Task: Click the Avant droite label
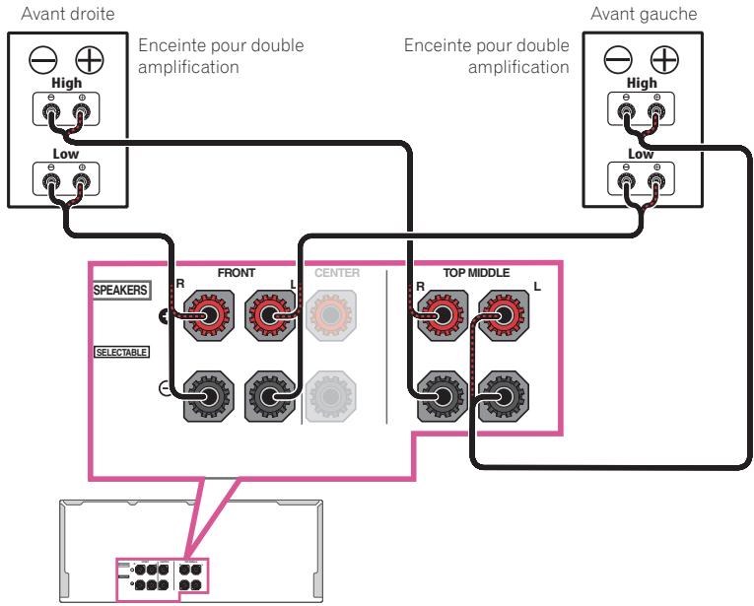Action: pyautogui.click(x=47, y=14)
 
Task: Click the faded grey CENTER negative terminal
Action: pyautogui.click(x=336, y=397)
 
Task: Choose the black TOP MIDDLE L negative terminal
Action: pyautogui.click(x=503, y=397)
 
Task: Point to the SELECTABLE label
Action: pyautogui.click(x=121, y=351)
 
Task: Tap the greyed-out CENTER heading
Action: pyautogui.click(x=338, y=273)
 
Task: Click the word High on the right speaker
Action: pyautogui.click(x=641, y=85)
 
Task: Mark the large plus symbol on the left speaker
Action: pyautogui.click(x=89, y=59)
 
